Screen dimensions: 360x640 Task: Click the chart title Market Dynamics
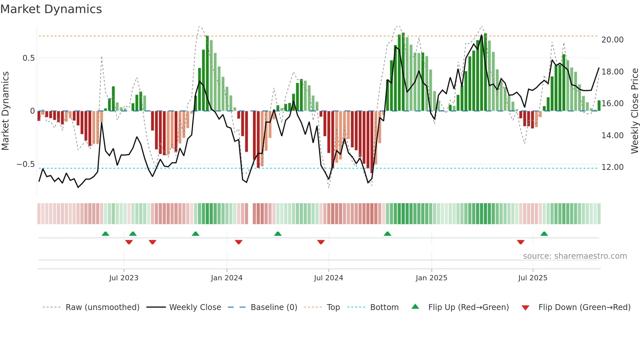pyautogui.click(x=51, y=9)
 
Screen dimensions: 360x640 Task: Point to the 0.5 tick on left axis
pyautogui.click(x=28, y=58)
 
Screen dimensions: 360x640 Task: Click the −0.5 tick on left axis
pyautogui.click(x=26, y=164)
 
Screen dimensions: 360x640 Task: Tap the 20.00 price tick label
pyautogui.click(x=612, y=40)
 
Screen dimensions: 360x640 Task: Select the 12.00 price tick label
pyautogui.click(x=612, y=167)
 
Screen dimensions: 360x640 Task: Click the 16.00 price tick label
pyautogui.click(x=612, y=104)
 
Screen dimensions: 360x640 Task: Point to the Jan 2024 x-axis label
pyautogui.click(x=227, y=278)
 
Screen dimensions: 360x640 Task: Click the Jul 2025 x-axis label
pyautogui.click(x=533, y=278)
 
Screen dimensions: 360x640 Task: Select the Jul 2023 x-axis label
pyautogui.click(x=124, y=278)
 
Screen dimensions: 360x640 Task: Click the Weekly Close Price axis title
pyautogui.click(x=634, y=111)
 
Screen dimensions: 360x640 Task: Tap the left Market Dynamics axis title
pyautogui.click(x=5, y=111)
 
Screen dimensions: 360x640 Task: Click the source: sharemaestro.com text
pyautogui.click(x=575, y=256)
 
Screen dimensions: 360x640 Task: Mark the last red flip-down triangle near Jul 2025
pyautogui.click(x=520, y=242)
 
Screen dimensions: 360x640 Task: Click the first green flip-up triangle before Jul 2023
pyautogui.click(x=105, y=234)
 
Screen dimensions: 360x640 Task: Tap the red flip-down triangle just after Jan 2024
pyautogui.click(x=238, y=242)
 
